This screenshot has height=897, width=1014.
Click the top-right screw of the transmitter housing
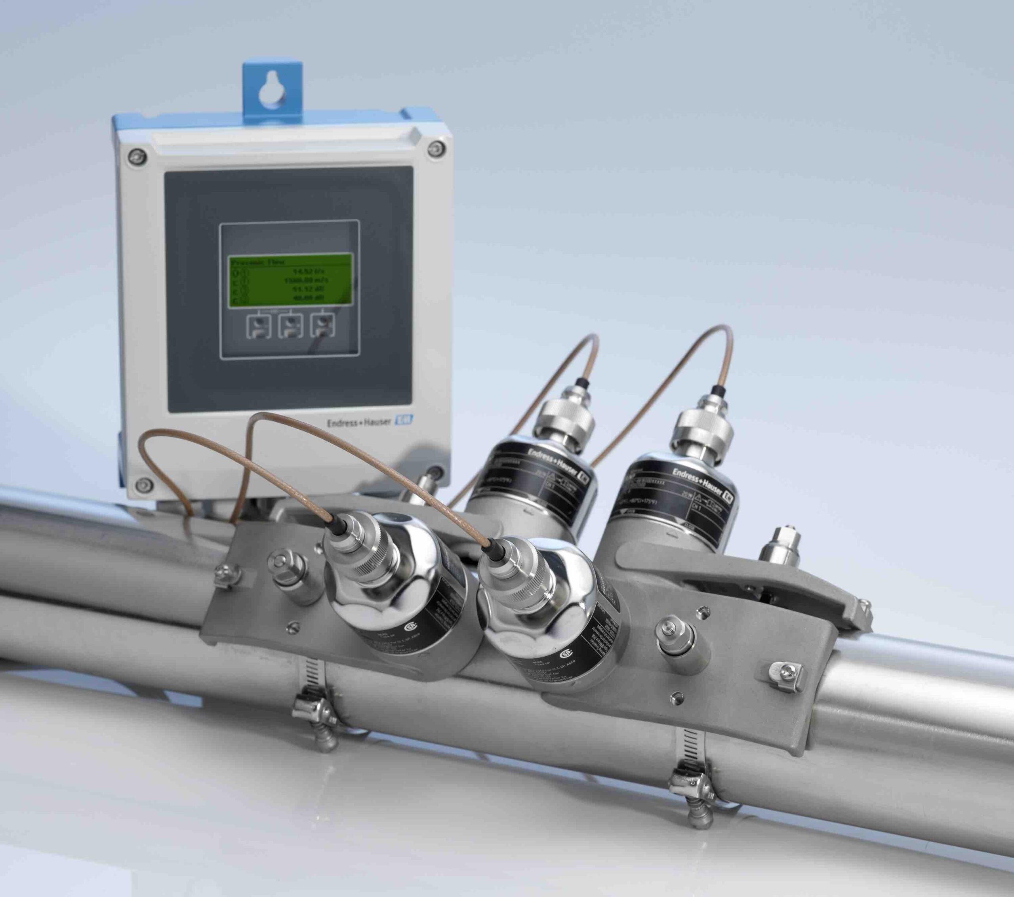435,147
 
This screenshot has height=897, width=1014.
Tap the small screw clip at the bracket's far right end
783,673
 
